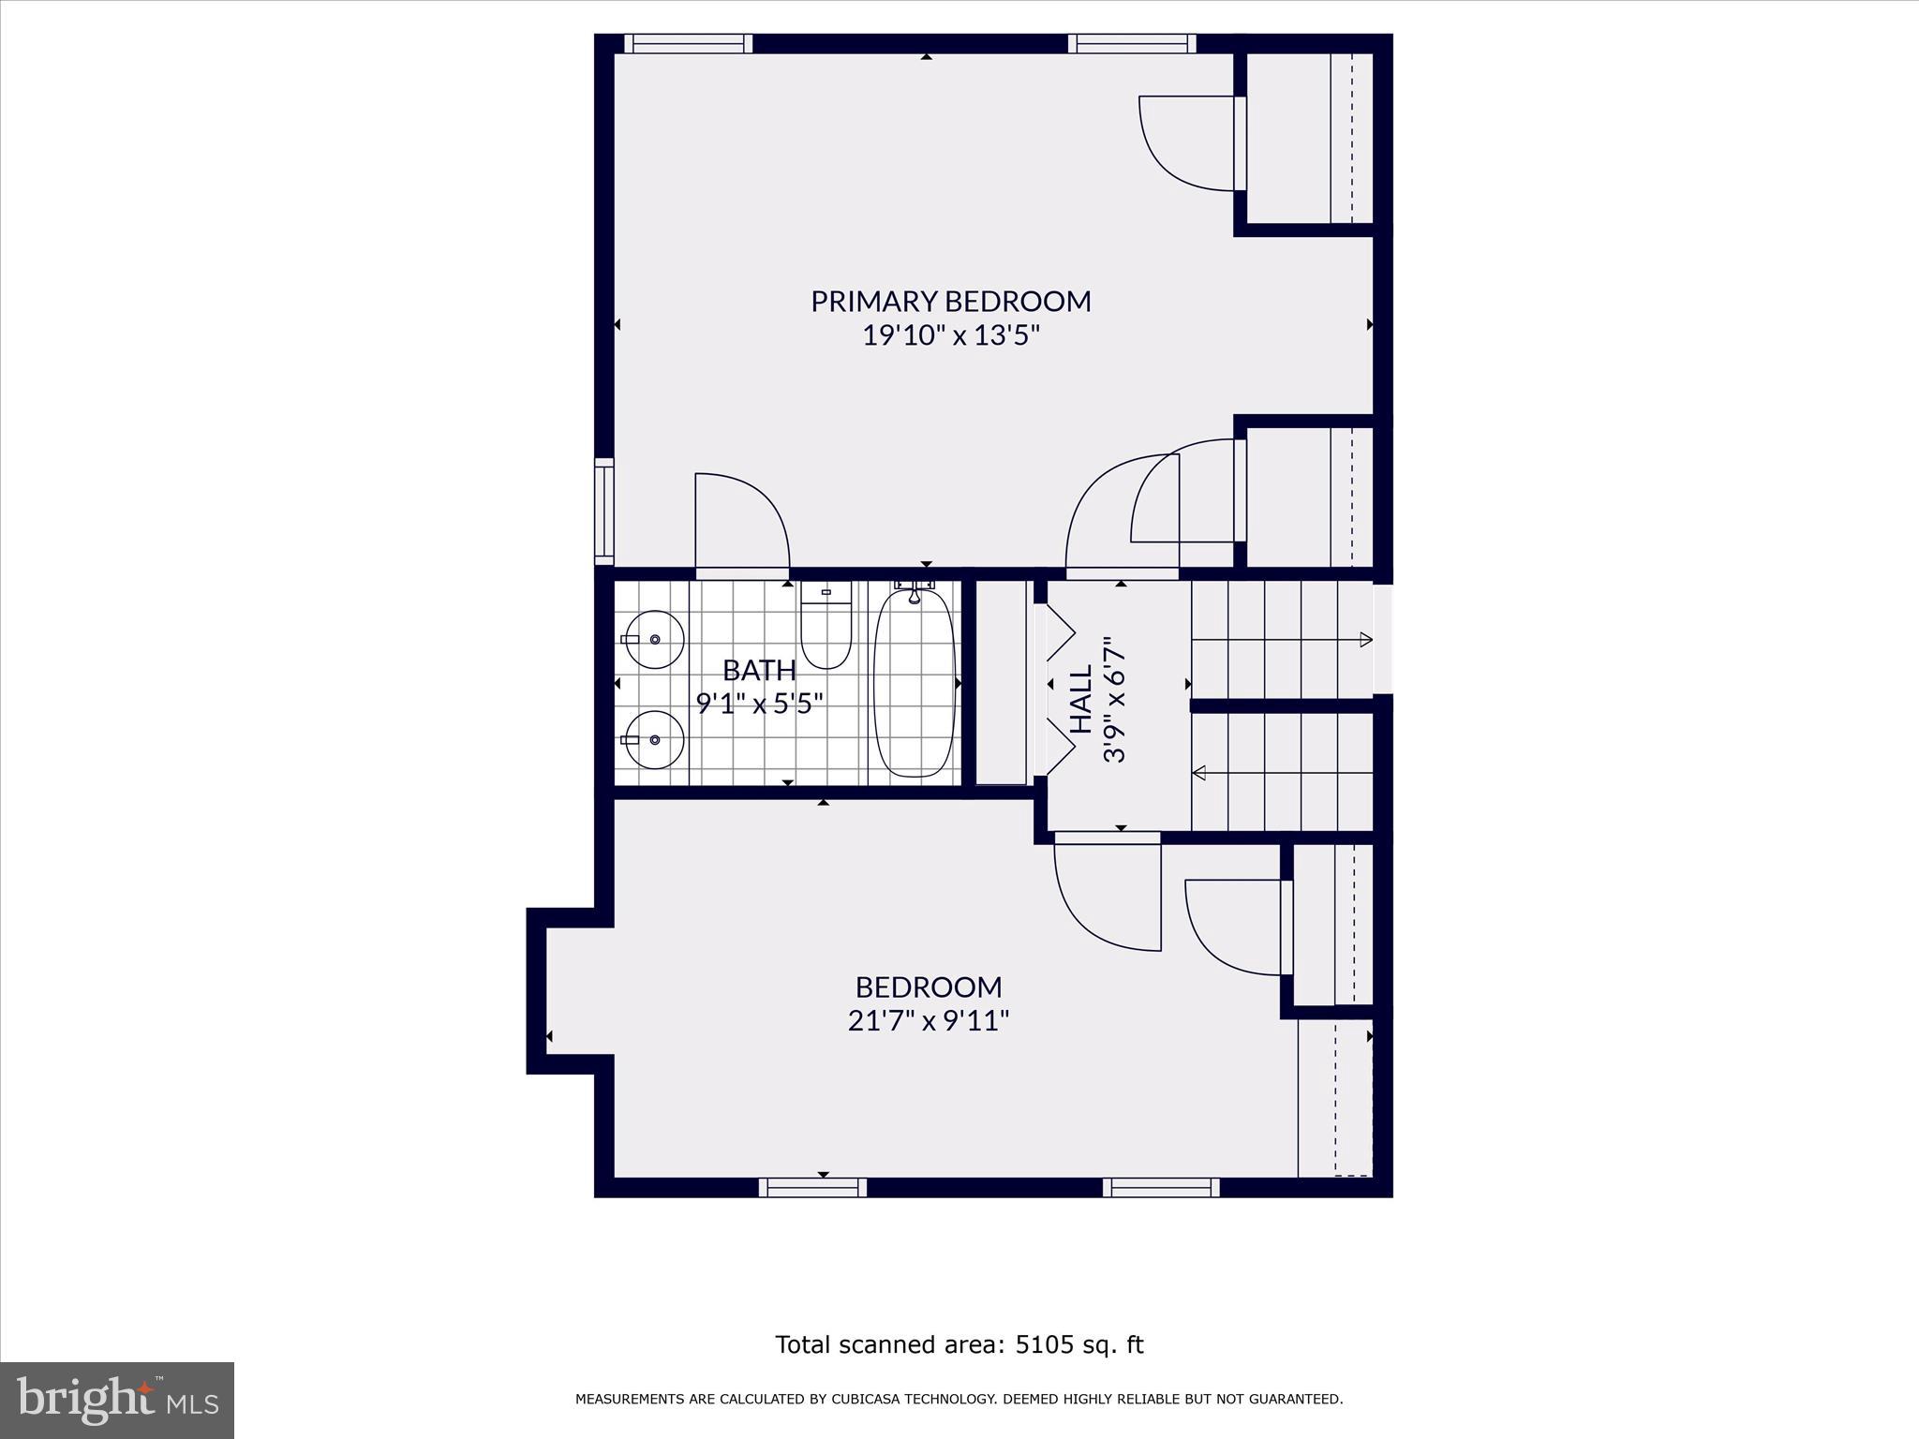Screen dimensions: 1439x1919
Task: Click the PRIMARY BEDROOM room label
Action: tap(951, 302)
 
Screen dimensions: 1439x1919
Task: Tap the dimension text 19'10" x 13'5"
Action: tap(951, 335)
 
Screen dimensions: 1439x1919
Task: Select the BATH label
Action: tap(759, 671)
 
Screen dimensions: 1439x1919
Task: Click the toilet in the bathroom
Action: tap(826, 626)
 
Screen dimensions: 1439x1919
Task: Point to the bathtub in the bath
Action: tap(914, 683)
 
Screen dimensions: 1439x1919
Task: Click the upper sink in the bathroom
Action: tap(654, 639)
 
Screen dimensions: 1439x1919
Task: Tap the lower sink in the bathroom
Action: tap(654, 739)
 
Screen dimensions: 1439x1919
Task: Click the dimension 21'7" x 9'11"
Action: tap(928, 1020)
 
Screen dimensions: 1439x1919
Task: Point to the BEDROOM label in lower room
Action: tap(928, 987)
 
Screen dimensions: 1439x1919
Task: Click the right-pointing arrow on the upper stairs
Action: tap(1366, 640)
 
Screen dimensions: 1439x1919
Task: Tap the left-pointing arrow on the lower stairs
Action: tap(1198, 773)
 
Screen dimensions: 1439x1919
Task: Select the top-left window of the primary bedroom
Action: tap(689, 43)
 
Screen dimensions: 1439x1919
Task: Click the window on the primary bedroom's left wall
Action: tap(604, 511)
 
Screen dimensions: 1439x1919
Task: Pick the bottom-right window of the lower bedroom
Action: tap(1161, 1188)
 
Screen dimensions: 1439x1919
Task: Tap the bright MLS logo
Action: tap(117, 1401)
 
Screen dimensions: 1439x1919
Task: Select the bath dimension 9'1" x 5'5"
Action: tap(759, 703)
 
